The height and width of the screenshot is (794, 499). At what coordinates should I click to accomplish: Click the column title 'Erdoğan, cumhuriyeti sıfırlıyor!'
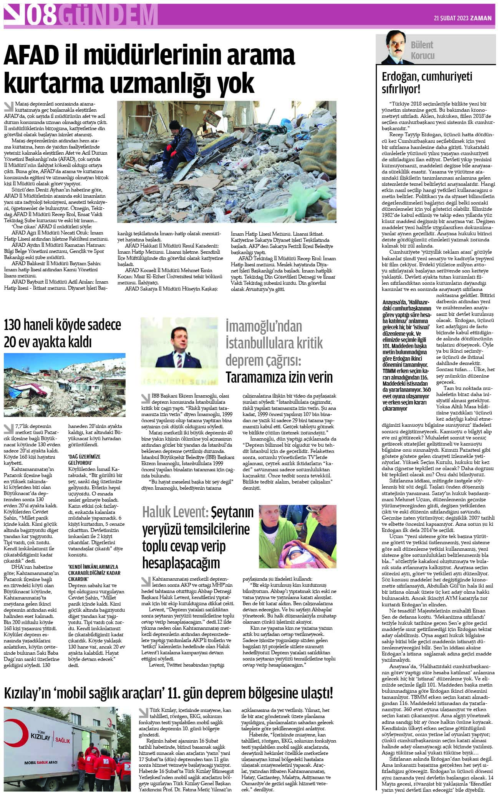426,83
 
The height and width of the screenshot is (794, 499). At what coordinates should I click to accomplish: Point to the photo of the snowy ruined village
65,385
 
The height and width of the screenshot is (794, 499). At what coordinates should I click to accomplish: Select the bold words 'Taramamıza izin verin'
279,377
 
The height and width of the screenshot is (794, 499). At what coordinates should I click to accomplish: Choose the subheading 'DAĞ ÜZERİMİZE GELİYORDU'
84,459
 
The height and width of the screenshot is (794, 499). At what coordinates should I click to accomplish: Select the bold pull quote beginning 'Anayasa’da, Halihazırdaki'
407,355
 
